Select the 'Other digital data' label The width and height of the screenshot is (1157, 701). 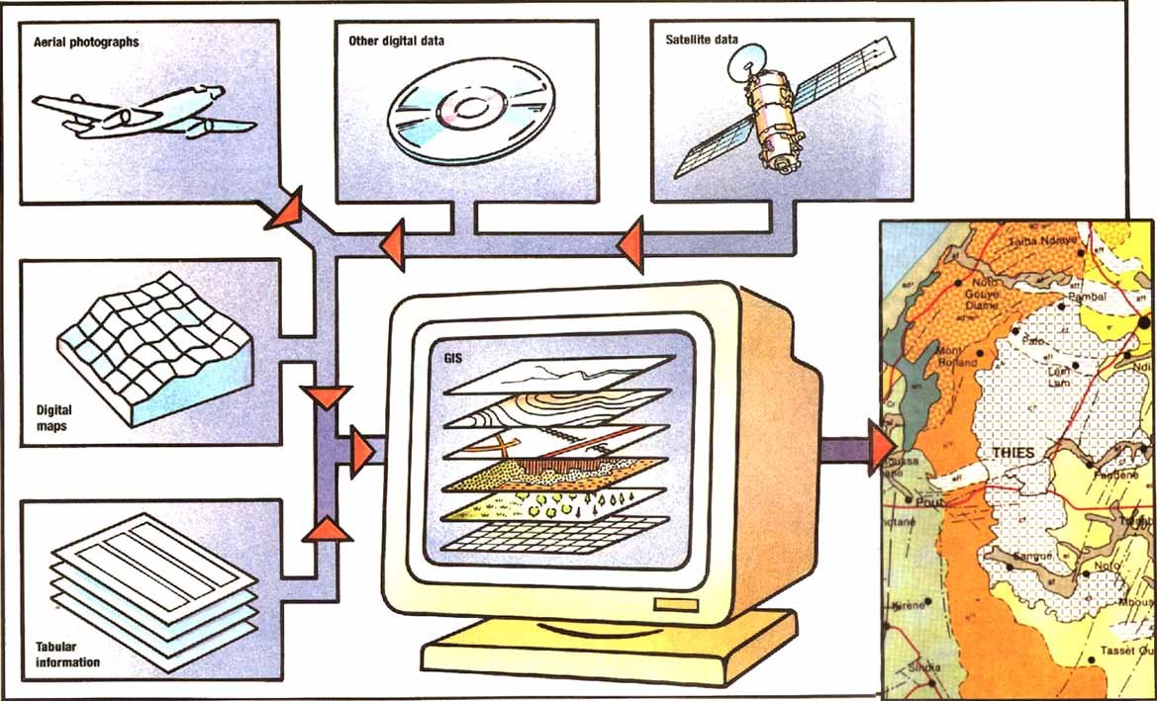[396, 42]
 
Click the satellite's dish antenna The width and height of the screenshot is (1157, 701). [744, 64]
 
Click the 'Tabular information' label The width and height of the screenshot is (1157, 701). [67, 655]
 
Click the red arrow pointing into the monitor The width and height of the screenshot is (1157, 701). [362, 450]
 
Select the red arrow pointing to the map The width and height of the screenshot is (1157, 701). [880, 446]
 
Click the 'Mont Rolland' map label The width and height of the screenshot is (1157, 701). [956, 356]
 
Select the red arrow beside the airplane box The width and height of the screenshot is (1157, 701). [282, 210]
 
